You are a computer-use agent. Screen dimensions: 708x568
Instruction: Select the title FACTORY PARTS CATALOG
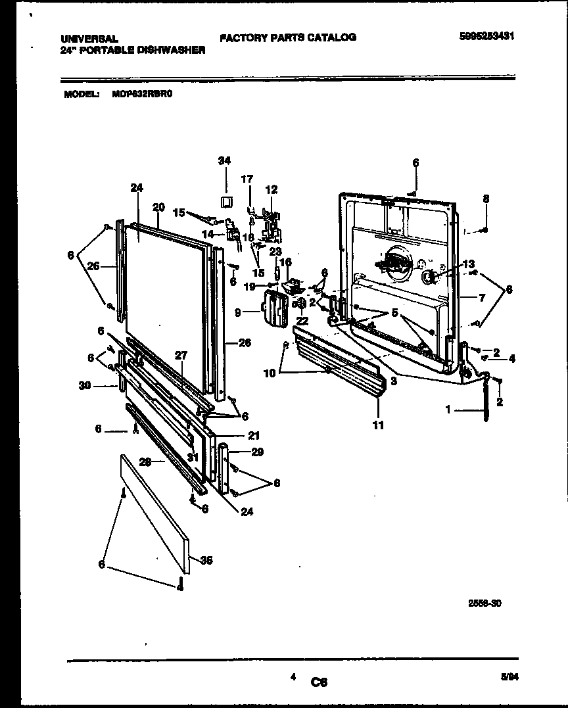point(287,37)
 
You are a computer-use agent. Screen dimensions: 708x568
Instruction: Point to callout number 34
point(225,160)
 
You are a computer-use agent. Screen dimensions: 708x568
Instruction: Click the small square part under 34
point(225,201)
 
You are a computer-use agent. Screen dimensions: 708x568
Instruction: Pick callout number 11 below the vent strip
point(378,425)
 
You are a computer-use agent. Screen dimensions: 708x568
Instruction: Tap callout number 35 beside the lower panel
point(206,561)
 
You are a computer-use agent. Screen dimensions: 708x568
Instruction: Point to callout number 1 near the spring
point(448,409)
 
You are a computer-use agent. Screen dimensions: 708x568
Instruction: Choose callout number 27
point(181,356)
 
